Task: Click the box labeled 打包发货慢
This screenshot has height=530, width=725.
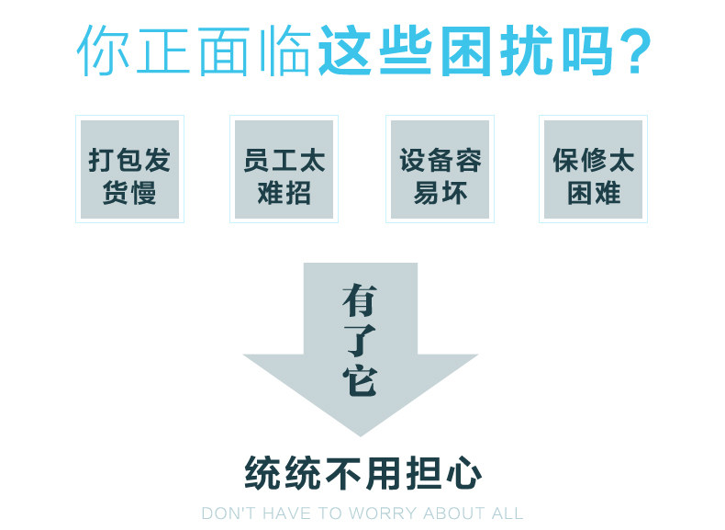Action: pyautogui.click(x=129, y=169)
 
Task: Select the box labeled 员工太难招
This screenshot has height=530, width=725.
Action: pyautogui.click(x=284, y=169)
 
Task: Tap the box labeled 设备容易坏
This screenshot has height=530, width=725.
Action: pyautogui.click(x=440, y=169)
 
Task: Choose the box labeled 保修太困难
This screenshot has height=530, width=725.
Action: pyautogui.click(x=593, y=169)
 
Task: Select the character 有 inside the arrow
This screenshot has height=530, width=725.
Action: pyautogui.click(x=360, y=299)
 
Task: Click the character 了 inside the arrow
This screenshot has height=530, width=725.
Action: pyautogui.click(x=360, y=339)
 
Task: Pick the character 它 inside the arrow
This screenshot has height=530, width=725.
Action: pyautogui.click(x=360, y=379)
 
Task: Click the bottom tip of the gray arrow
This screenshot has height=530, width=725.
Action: pyautogui.click(x=360, y=434)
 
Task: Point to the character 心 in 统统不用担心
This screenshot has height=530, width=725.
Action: pyautogui.click(x=463, y=473)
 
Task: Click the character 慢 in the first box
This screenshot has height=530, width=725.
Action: pyautogui.click(x=143, y=194)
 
